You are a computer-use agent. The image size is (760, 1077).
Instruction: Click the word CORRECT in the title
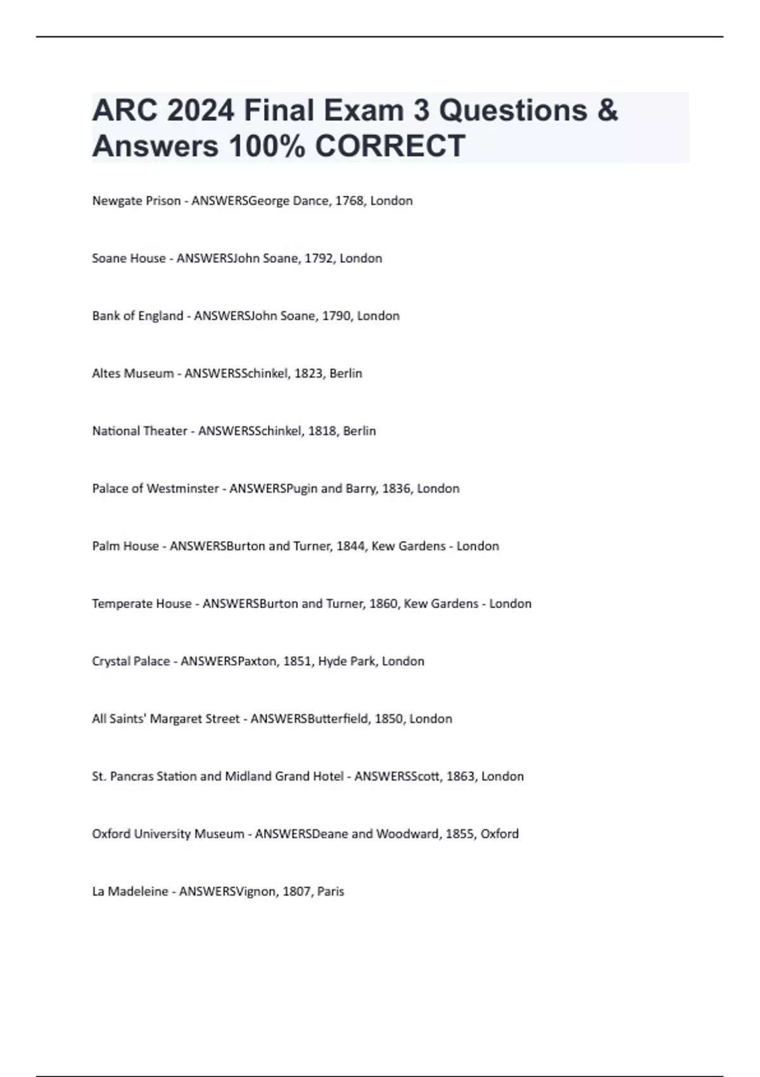point(389,146)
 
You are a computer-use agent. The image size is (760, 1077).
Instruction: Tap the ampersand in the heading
point(607,110)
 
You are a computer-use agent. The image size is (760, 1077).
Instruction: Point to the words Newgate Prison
point(136,201)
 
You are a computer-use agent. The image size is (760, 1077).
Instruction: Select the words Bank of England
point(137,316)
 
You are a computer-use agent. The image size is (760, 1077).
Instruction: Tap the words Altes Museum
point(133,374)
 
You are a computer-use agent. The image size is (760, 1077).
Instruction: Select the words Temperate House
point(142,604)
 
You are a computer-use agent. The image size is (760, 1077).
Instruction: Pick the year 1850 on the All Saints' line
point(388,719)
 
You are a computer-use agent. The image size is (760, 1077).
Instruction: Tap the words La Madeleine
point(130,892)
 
